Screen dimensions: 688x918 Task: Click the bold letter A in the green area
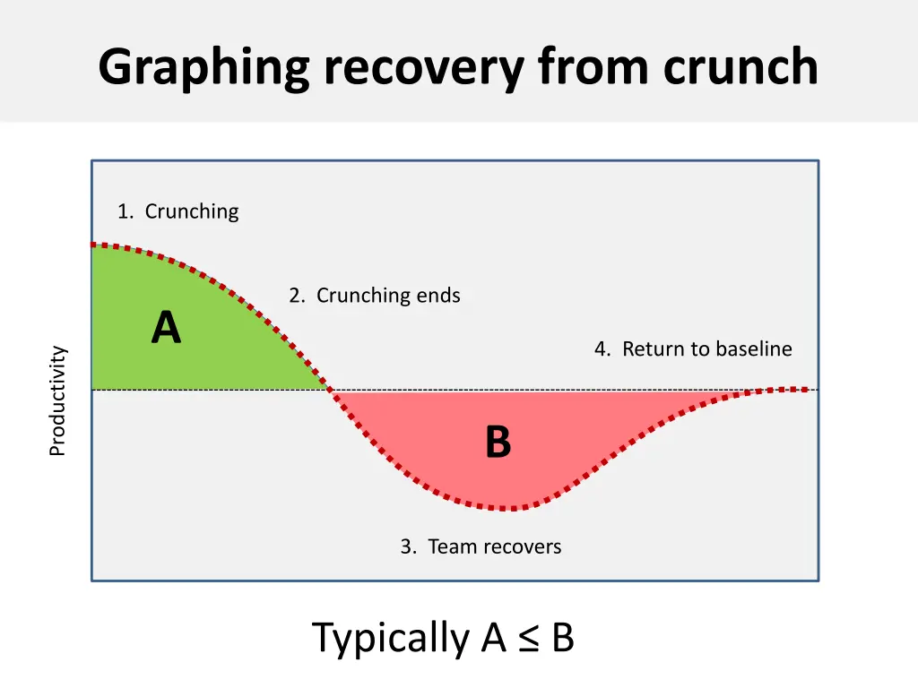[166, 327]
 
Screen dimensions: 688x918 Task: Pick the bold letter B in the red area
[498, 442]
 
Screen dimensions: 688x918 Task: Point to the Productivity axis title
[57, 400]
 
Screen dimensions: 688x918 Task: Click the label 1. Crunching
[178, 211]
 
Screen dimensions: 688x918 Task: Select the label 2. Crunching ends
[374, 295]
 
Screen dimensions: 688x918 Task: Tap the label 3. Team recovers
[481, 546]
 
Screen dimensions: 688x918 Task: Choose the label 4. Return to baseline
[693, 348]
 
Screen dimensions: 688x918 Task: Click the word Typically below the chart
[392, 639]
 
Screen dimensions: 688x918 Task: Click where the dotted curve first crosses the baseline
[330, 390]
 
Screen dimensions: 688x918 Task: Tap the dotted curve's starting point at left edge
[93, 245]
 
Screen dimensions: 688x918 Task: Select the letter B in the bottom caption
[562, 639]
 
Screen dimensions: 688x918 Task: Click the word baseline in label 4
[751, 348]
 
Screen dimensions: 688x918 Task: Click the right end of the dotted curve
[816, 389]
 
